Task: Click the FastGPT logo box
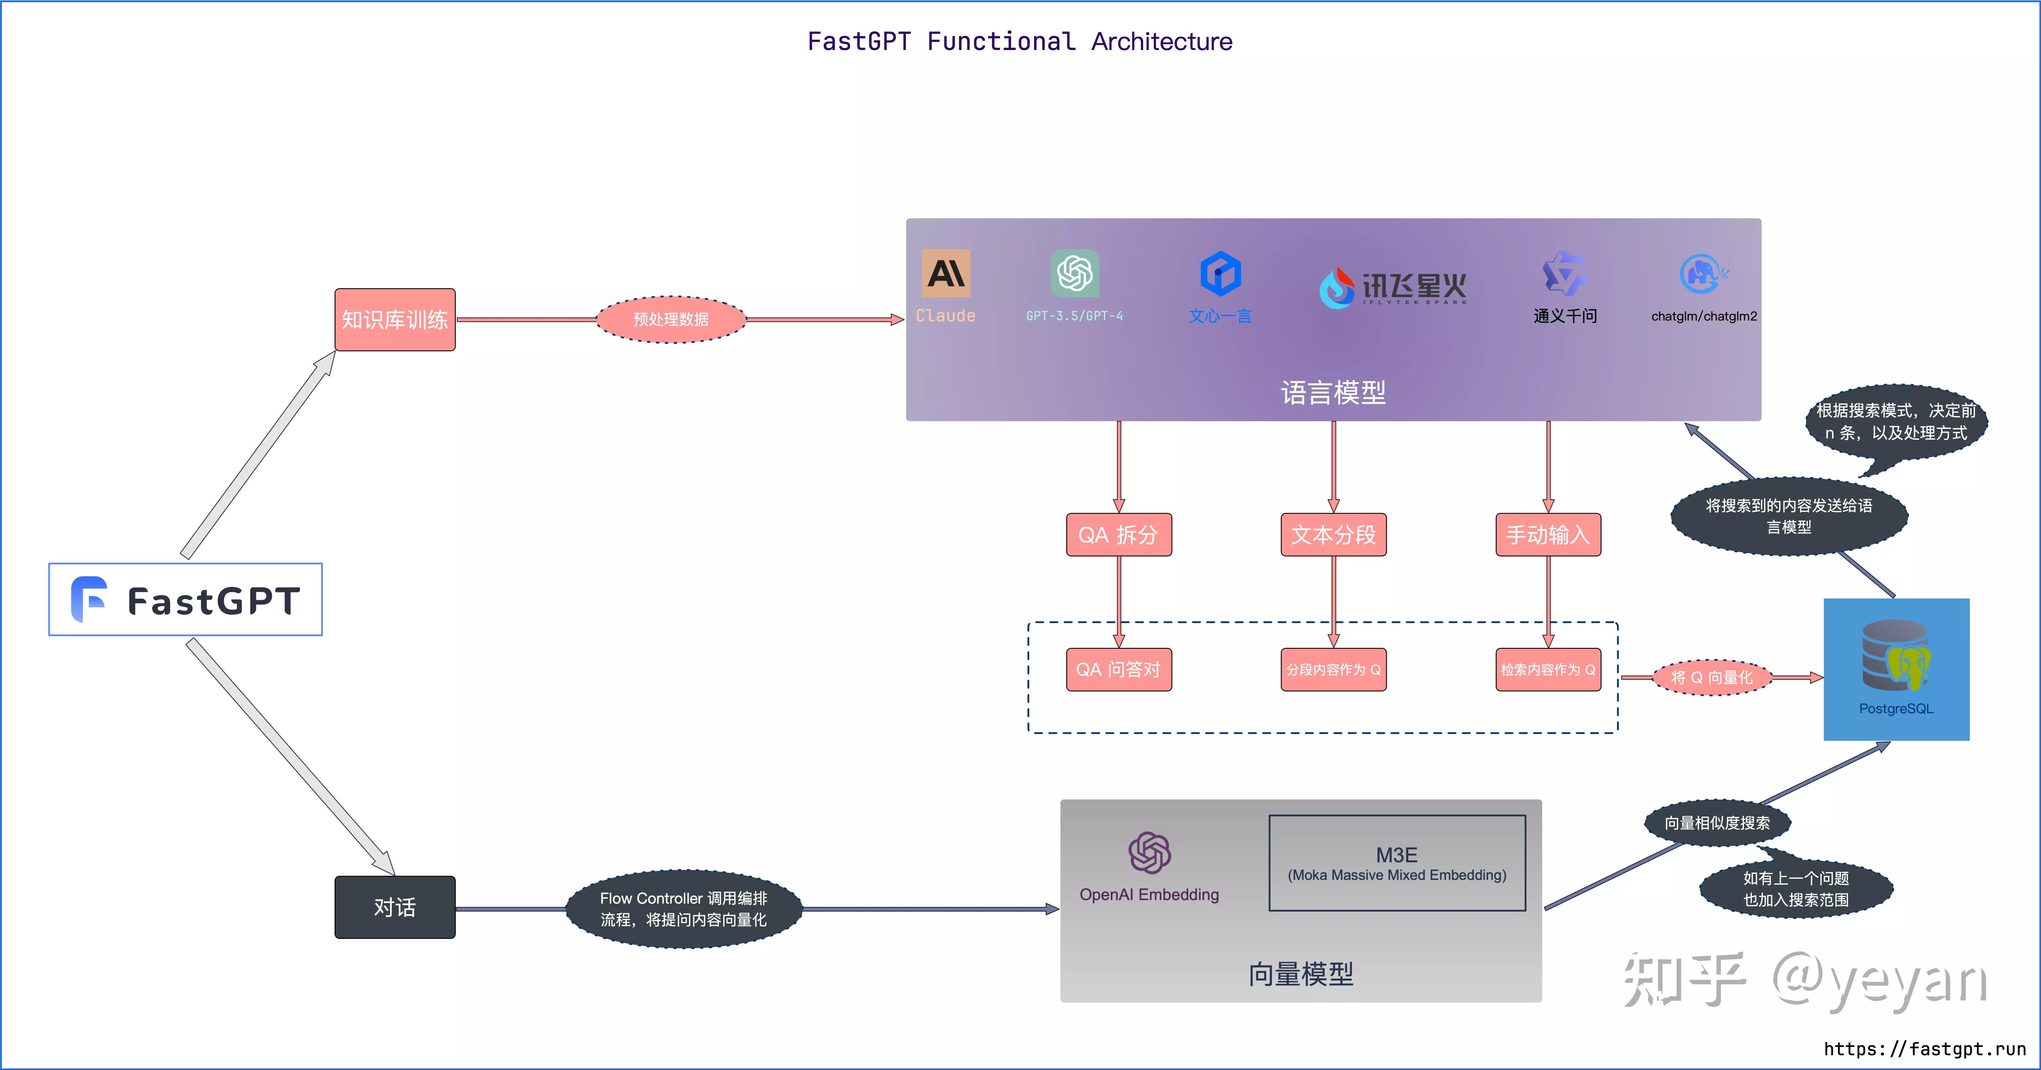pos(185,599)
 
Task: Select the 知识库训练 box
pos(395,319)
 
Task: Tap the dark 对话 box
pos(395,907)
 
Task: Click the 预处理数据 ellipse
pos(670,319)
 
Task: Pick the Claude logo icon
pos(945,273)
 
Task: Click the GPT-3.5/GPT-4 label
pos(1074,316)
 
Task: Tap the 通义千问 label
pos(1565,316)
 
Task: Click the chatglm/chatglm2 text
pos(1704,316)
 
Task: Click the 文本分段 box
pos(1333,535)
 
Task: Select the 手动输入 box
pos(1548,535)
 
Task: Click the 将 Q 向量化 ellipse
pos(1711,677)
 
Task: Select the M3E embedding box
pos(1397,863)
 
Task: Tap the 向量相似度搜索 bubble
pos(1717,823)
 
